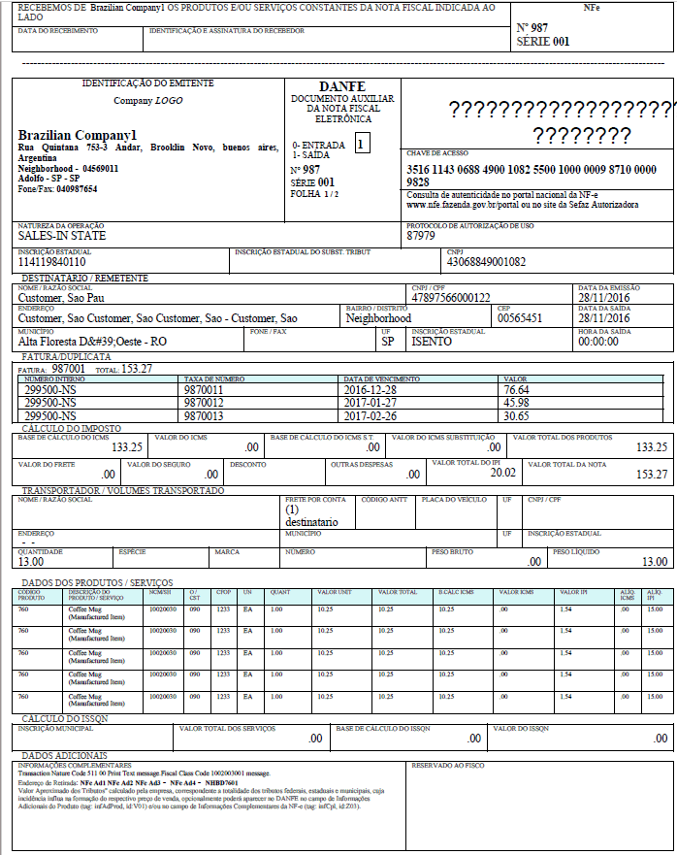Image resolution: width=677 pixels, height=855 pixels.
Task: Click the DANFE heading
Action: point(341,86)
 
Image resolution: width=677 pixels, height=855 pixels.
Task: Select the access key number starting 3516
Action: point(532,176)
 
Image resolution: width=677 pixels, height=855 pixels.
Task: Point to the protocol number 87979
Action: point(421,236)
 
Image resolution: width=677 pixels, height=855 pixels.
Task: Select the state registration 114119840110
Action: point(52,262)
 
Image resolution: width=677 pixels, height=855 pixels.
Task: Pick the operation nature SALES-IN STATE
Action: point(63,236)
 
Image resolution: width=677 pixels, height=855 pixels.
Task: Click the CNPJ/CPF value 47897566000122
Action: point(451,298)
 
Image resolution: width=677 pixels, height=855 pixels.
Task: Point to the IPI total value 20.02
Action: point(502,473)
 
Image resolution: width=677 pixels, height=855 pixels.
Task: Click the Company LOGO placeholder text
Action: point(147,101)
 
